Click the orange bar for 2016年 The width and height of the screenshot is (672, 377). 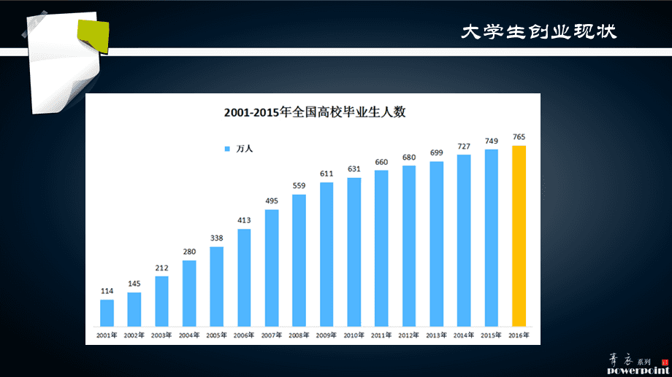(x=519, y=236)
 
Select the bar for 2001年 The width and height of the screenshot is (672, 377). (x=107, y=313)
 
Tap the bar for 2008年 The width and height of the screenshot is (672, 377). (x=299, y=260)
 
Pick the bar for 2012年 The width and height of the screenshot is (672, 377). (x=409, y=245)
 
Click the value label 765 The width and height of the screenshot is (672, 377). (x=519, y=137)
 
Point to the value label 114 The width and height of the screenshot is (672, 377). (x=107, y=291)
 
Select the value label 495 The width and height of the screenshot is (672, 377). (x=272, y=201)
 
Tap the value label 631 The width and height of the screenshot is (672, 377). (x=354, y=169)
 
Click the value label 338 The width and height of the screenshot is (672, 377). (x=217, y=238)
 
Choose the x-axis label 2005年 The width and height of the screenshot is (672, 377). (x=217, y=335)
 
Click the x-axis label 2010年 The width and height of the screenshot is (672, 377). (x=354, y=335)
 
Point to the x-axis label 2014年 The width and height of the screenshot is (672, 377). (x=464, y=335)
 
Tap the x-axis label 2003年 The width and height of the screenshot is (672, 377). (x=161, y=335)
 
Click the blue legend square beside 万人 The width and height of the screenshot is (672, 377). (x=226, y=149)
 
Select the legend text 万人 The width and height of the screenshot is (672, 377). (x=244, y=149)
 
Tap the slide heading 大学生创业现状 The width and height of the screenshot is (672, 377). (x=540, y=32)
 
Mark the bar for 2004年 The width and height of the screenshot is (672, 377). (x=189, y=292)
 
